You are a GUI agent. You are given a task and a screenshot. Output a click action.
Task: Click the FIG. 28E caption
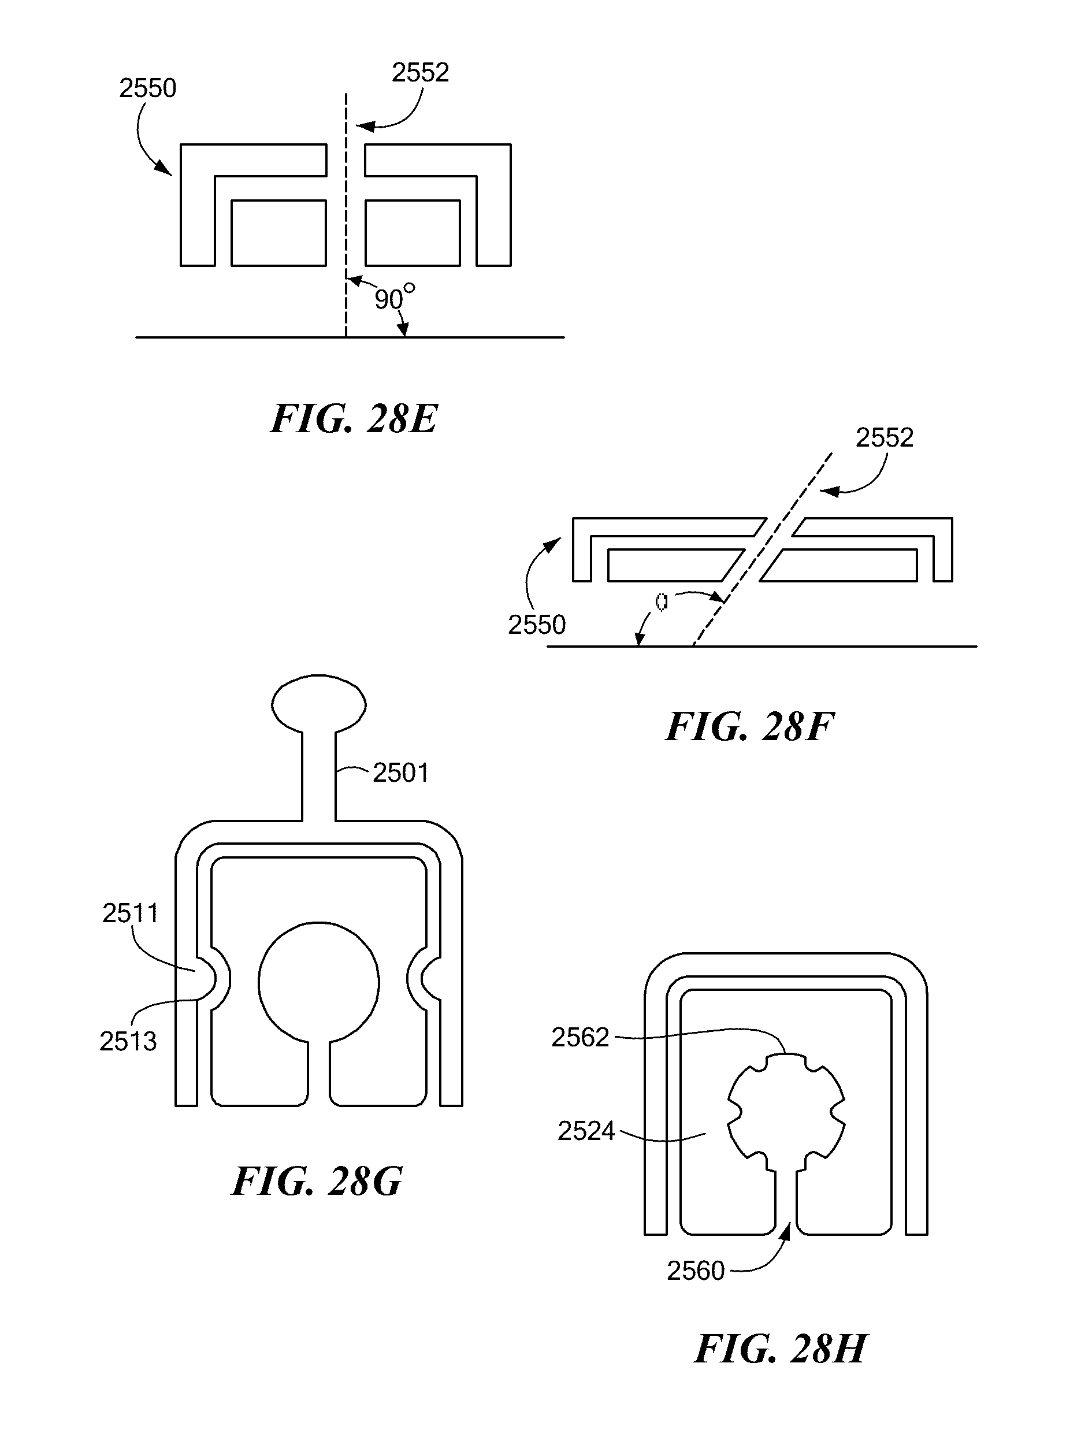[x=354, y=418]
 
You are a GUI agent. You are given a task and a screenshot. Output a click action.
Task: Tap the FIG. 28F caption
[x=749, y=726]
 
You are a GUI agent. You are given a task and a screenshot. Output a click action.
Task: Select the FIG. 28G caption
[x=317, y=1181]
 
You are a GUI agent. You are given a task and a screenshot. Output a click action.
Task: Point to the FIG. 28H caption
[x=781, y=1349]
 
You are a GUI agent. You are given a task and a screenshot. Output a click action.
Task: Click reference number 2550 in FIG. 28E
[x=148, y=88]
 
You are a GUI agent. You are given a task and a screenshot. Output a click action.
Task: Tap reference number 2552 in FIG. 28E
[x=420, y=72]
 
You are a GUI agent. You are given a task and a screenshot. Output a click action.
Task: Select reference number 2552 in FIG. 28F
[x=884, y=438]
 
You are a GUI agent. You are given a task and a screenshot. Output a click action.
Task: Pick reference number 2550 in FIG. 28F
[x=537, y=625]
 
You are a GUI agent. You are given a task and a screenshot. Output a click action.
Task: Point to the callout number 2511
[x=131, y=913]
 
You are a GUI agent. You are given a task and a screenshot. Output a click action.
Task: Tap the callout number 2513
[x=128, y=1042]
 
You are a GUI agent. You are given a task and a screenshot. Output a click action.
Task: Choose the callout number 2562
[x=580, y=1037]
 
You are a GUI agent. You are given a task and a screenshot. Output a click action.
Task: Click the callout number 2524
[x=586, y=1131]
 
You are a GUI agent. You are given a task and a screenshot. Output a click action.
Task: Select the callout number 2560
[x=695, y=1271]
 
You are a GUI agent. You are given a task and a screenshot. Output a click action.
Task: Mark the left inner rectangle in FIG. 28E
[x=279, y=233]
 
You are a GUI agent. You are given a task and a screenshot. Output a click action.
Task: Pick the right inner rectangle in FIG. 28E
[x=413, y=233]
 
